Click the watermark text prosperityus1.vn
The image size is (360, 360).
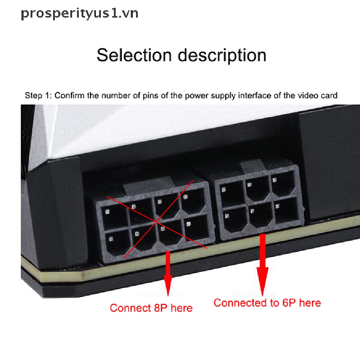79,14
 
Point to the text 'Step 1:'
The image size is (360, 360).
38,95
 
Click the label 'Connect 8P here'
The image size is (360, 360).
151,308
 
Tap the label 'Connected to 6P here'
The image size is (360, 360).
267,303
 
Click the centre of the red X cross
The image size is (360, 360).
156,222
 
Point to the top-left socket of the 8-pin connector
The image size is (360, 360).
112,216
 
